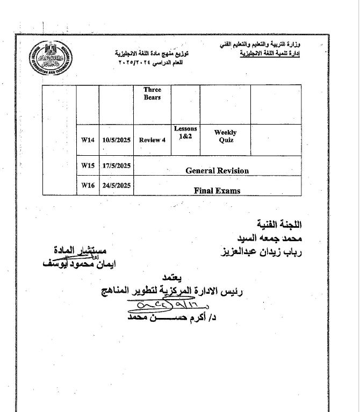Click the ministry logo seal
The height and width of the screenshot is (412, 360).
tap(51, 59)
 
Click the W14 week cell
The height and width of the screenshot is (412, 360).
tap(88, 140)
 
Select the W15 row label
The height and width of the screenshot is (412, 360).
tap(88, 166)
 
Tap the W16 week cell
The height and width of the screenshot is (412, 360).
tap(88, 185)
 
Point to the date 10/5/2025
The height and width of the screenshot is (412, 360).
tap(117, 140)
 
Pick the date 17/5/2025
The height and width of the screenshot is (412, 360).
tap(117, 166)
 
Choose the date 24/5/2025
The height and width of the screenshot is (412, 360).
tap(117, 185)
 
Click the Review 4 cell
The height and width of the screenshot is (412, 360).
tap(152, 140)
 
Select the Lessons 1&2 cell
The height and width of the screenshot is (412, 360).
tap(185, 133)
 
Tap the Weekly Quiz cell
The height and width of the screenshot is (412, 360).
tap(225, 136)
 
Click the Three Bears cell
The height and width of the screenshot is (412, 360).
tap(152, 93)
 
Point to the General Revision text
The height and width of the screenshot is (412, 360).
tap(217, 170)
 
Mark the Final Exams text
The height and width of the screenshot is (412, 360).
tap(217, 190)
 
